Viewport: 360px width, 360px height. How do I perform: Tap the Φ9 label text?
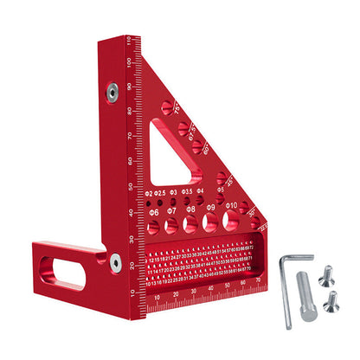[209, 208]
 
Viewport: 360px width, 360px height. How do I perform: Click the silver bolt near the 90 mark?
[112, 90]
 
